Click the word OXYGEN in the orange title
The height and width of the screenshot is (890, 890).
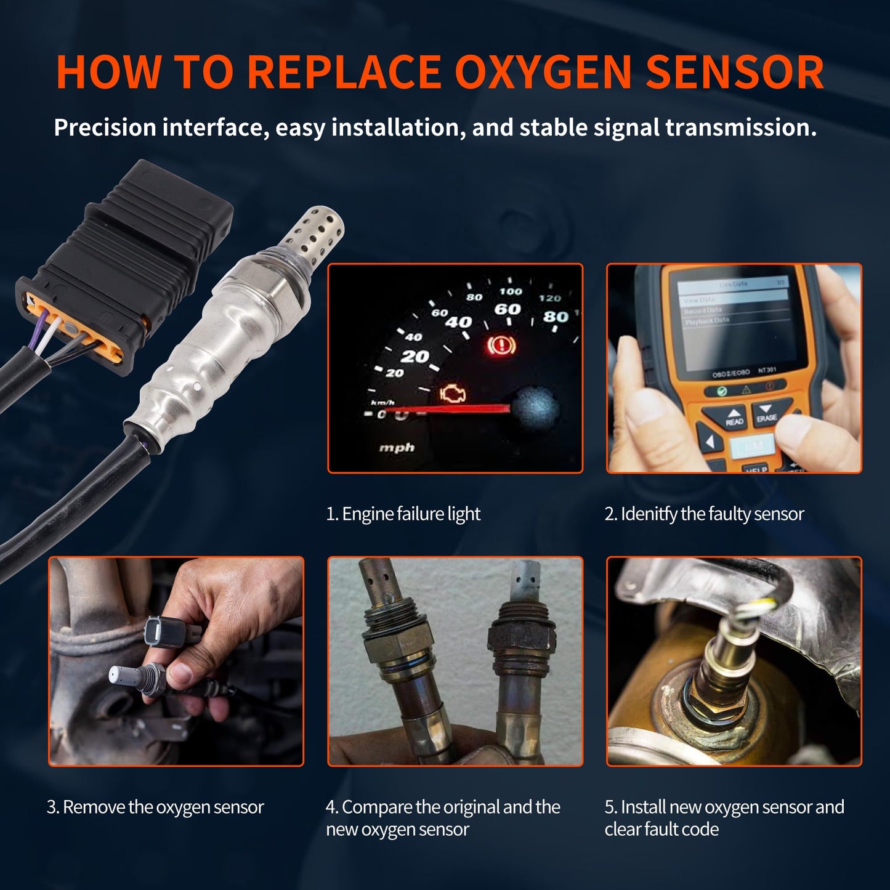click(543, 72)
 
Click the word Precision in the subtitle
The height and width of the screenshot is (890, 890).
click(105, 127)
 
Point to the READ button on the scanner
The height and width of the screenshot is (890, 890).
click(734, 418)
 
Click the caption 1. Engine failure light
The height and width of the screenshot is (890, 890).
click(403, 514)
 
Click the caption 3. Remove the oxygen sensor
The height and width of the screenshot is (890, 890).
click(155, 807)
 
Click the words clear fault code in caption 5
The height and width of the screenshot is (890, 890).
click(661, 829)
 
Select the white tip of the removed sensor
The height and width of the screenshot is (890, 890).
click(119, 675)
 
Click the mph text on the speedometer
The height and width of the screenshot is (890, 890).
click(397, 448)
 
